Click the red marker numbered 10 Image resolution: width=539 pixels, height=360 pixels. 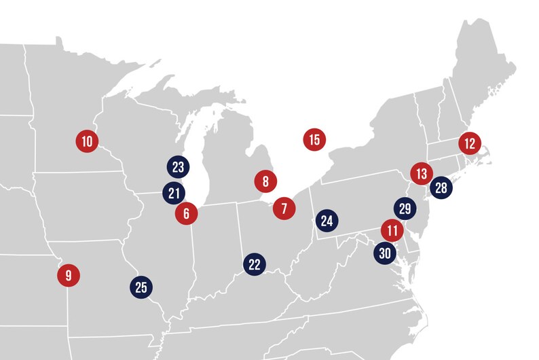pyautogui.click(x=87, y=141)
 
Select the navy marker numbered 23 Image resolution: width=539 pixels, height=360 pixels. pyautogui.click(x=179, y=167)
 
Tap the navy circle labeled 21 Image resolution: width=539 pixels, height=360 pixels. pyautogui.click(x=174, y=193)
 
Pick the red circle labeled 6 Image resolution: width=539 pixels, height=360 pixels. pyautogui.click(x=186, y=213)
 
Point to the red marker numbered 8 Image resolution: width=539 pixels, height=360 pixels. pyautogui.click(x=265, y=181)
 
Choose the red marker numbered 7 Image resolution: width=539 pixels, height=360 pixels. pyautogui.click(x=284, y=207)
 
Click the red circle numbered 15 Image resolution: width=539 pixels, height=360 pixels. pyautogui.click(x=314, y=140)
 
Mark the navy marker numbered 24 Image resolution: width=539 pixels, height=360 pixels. pyautogui.click(x=327, y=221)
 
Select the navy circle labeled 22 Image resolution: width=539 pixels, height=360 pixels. pyautogui.click(x=255, y=264)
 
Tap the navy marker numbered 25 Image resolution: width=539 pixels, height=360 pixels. pyautogui.click(x=141, y=287)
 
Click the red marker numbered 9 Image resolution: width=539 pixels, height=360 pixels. pyautogui.click(x=68, y=276)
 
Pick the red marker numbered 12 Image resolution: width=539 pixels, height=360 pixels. pyautogui.click(x=469, y=143)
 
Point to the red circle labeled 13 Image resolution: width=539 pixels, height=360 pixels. pyautogui.click(x=422, y=173)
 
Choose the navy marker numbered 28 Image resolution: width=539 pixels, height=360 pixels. pyautogui.click(x=441, y=187)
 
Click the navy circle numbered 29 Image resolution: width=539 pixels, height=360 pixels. pyautogui.click(x=405, y=209)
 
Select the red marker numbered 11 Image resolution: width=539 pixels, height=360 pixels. pyautogui.click(x=392, y=230)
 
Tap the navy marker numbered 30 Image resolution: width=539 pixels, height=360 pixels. pyautogui.click(x=385, y=253)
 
